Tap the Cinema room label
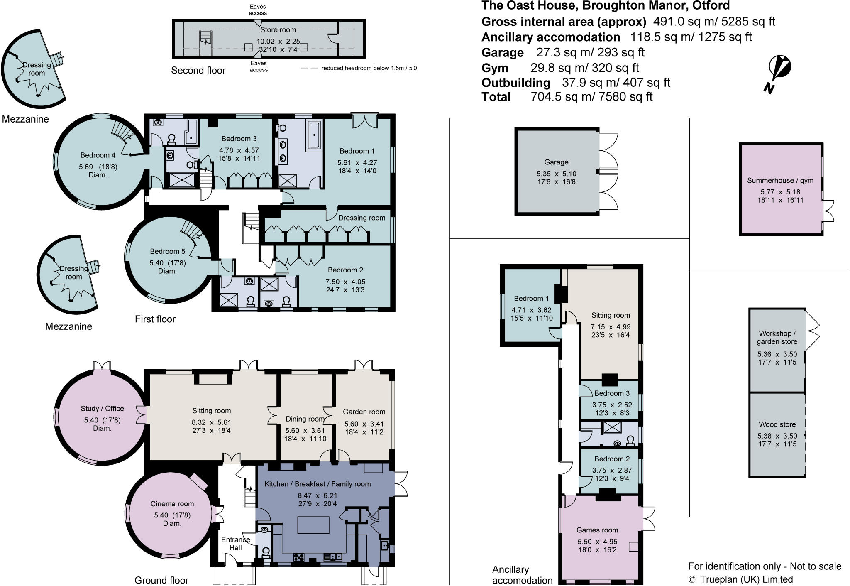(172, 504)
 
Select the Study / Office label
(102, 408)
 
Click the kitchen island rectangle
(313, 525)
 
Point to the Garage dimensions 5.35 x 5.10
(556, 174)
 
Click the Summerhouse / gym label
(780, 180)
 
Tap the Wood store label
(777, 424)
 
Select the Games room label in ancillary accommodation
(597, 530)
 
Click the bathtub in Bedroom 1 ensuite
(314, 135)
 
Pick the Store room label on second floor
(278, 30)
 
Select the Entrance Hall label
(235, 543)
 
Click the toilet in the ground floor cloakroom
(265, 552)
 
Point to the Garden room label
(364, 412)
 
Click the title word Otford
(711, 6)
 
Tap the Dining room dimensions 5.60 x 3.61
(305, 431)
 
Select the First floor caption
(155, 319)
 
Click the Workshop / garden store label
(777, 337)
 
